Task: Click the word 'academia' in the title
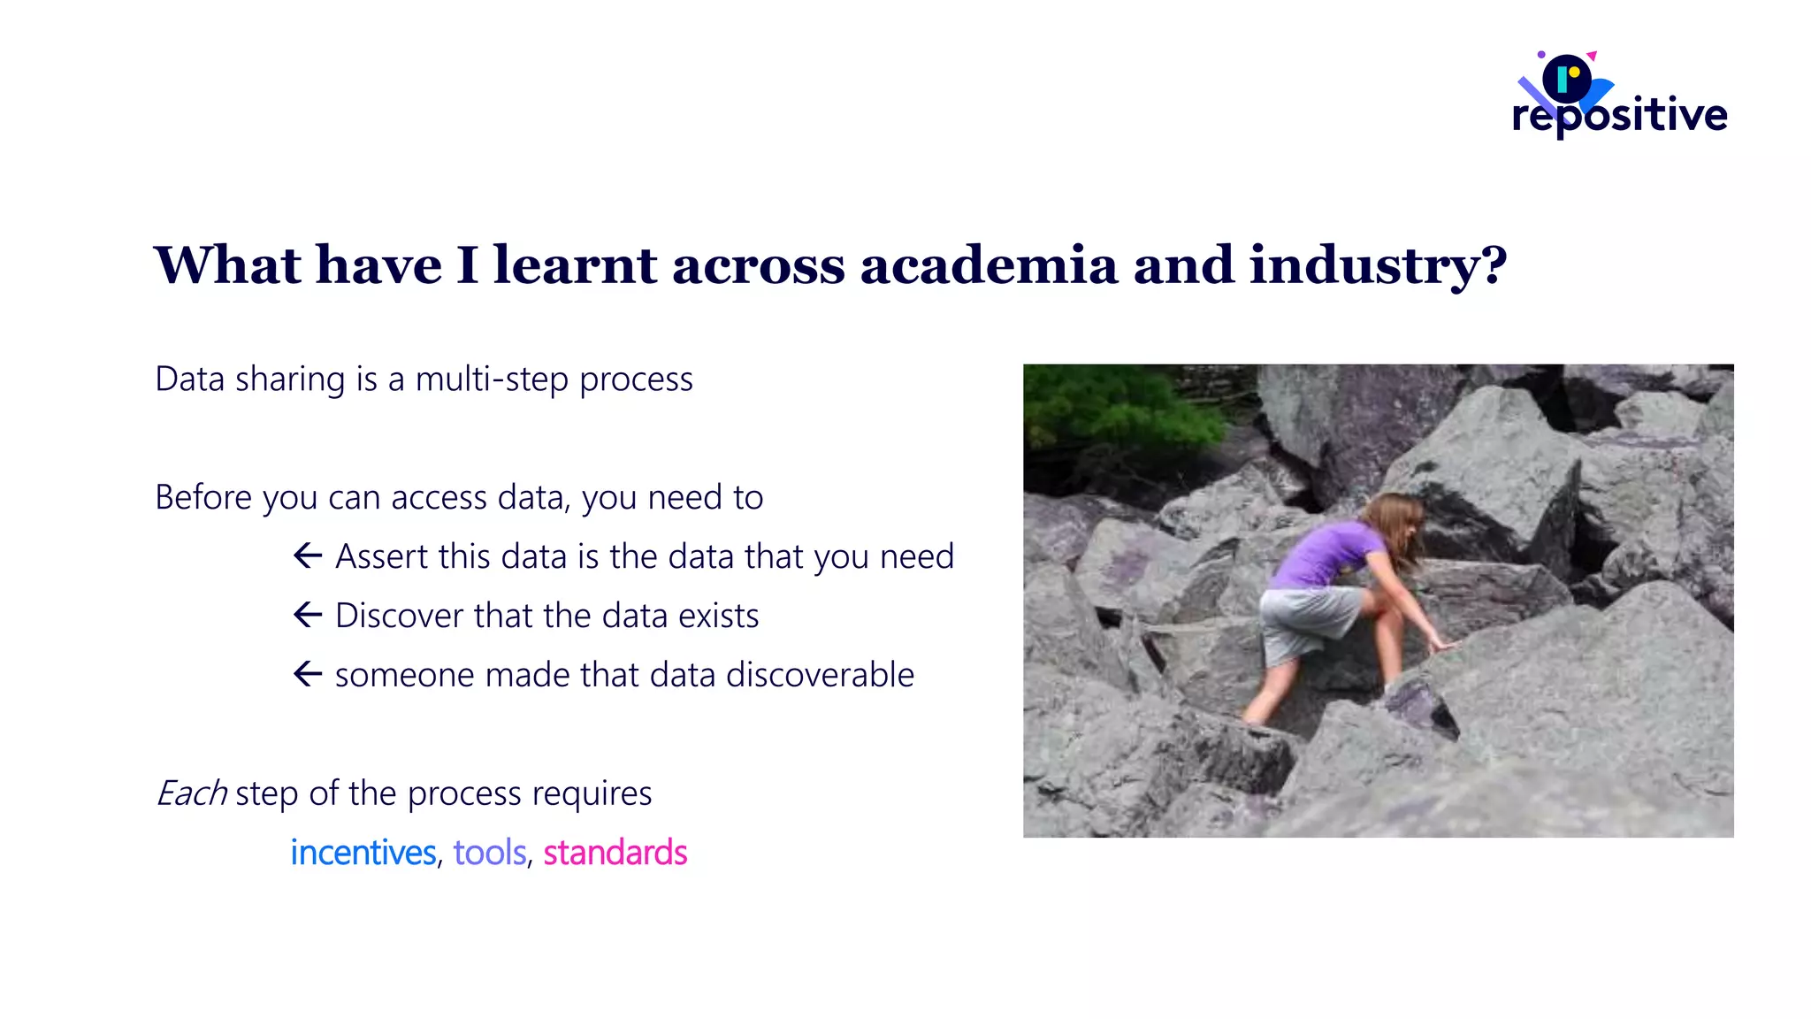pos(988,265)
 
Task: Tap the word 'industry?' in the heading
pos(1378,265)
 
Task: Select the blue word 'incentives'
pos(363,853)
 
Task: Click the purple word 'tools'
pos(490,853)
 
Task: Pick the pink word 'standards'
pos(615,853)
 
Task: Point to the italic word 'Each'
pos(192,793)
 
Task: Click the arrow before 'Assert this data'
pos(307,556)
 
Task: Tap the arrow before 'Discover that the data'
pos(307,615)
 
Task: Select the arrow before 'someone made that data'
pos(307,674)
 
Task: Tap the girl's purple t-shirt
pos(1326,554)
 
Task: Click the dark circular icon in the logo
pos(1567,79)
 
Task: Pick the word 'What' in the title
pos(227,265)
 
